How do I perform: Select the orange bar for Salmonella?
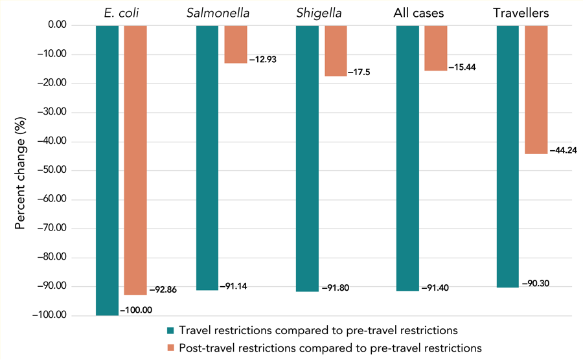click(x=235, y=44)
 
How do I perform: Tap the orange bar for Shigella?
click(x=336, y=51)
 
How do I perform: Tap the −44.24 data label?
click(x=563, y=150)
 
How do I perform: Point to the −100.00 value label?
click(x=135, y=310)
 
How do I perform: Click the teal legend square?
click(x=171, y=328)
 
